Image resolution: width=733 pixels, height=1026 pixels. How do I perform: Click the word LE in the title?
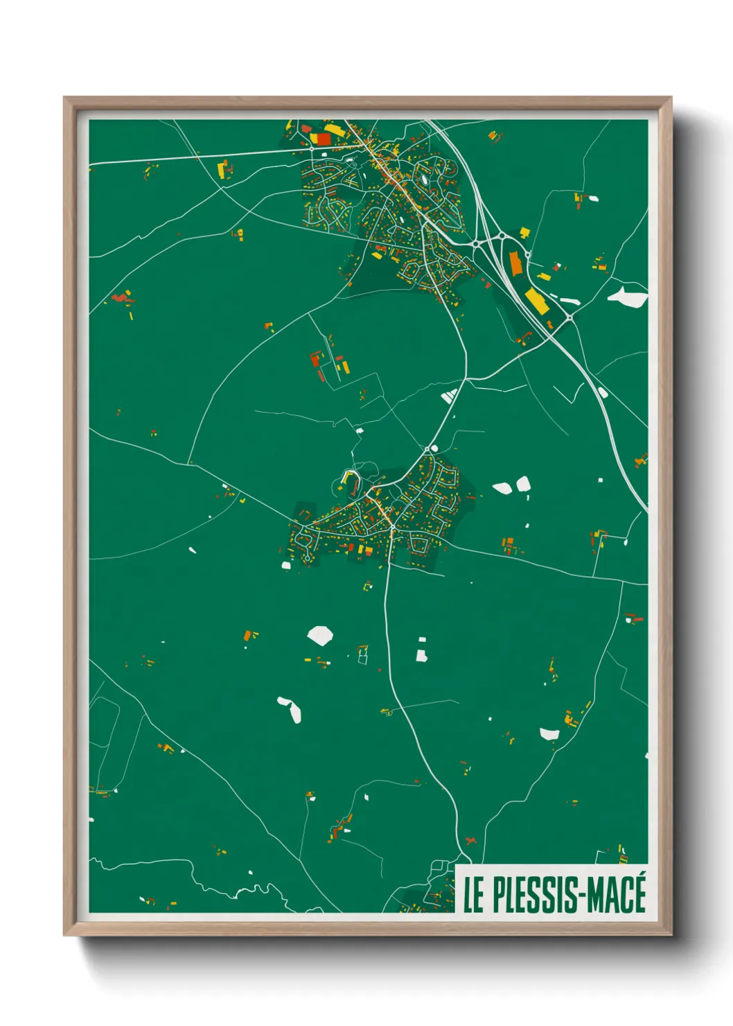[x=473, y=895]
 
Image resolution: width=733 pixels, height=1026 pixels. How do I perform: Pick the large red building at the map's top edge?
[x=323, y=139]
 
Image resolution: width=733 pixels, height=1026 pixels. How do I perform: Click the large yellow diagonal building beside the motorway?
[x=536, y=300]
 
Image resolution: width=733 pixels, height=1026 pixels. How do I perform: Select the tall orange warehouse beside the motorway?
[x=515, y=263]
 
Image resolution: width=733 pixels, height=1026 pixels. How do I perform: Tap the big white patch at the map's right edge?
[x=628, y=297]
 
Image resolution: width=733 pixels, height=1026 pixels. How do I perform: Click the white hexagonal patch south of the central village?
[x=320, y=635]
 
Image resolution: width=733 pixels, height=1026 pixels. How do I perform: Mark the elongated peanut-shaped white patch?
[x=290, y=709]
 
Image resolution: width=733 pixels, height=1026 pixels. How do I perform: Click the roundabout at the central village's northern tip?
[x=427, y=450]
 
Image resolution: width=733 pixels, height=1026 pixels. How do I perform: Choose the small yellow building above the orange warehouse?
[x=524, y=232]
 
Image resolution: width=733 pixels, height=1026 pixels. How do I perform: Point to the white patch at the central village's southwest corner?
[x=285, y=566]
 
